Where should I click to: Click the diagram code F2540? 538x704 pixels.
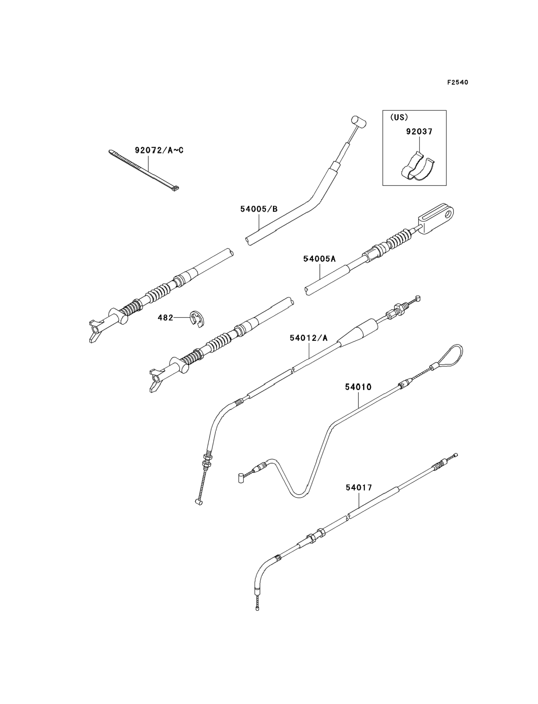click(x=457, y=83)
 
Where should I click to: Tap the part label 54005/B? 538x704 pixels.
click(x=259, y=209)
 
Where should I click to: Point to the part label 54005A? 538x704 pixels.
click(x=319, y=259)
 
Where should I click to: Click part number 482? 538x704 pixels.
click(x=165, y=318)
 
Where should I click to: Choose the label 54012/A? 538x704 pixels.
click(x=309, y=338)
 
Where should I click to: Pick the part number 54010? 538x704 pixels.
click(x=358, y=387)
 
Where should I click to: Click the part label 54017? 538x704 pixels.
click(x=359, y=488)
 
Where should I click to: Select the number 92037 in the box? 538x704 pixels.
click(x=419, y=131)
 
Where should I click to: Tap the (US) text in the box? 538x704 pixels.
click(x=399, y=117)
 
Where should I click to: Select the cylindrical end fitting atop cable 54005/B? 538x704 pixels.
click(x=359, y=122)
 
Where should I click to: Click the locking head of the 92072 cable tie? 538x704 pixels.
click(x=175, y=189)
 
